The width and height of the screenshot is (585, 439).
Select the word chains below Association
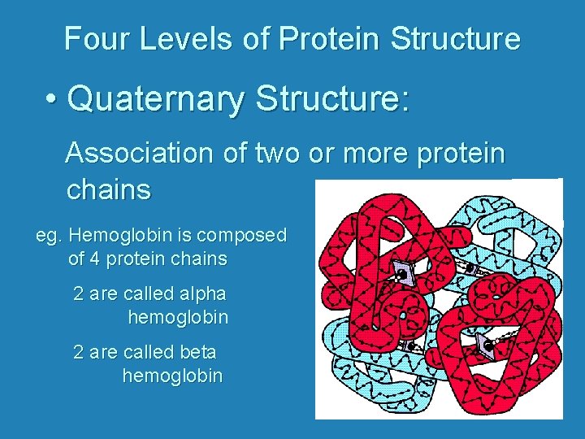(x=108, y=189)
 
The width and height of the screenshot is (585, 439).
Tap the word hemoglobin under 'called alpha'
(x=178, y=317)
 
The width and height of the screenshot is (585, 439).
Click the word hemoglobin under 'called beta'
(x=172, y=376)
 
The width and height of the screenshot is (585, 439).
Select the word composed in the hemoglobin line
(x=246, y=236)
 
